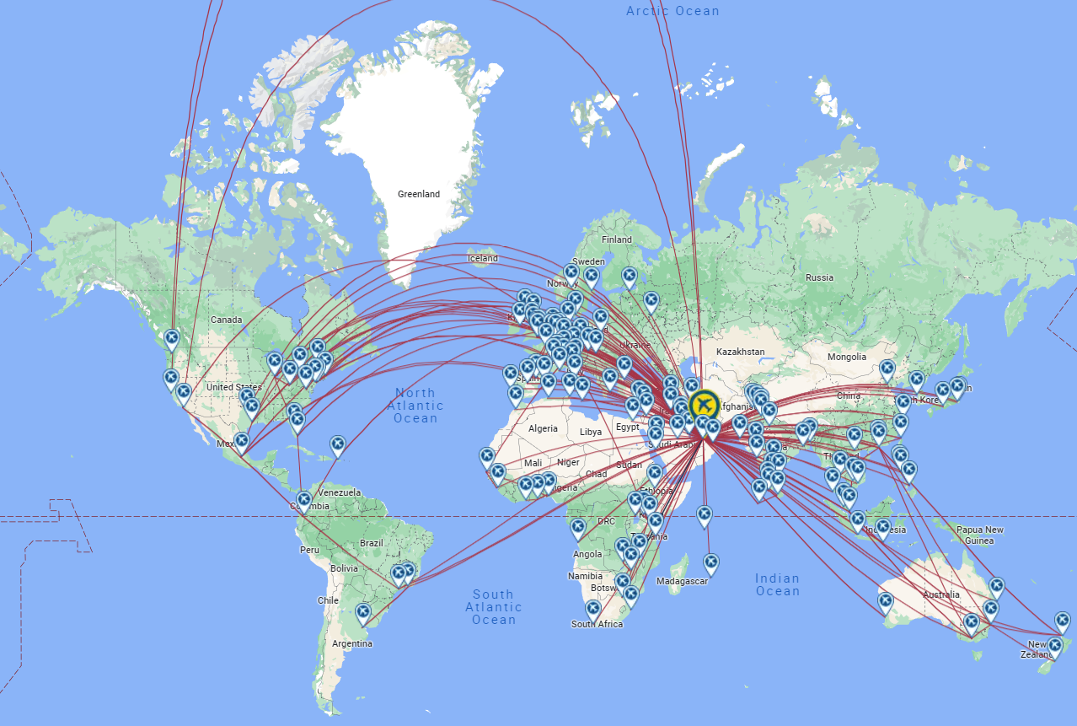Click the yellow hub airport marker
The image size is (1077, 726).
[703, 404]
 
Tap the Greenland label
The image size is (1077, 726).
[419, 194]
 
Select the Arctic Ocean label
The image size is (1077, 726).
[672, 11]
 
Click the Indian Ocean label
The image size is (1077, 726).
[777, 584]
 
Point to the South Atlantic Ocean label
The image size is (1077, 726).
[494, 607]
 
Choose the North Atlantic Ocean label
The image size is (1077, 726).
[415, 406]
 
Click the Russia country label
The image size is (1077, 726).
[819, 277]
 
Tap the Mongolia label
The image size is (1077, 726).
[846, 357]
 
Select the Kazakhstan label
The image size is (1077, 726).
[740, 352]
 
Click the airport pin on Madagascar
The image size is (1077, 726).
[711, 562]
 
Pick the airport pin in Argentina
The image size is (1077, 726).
[363, 612]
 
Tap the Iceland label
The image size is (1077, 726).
[483, 258]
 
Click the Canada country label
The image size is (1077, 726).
[226, 320]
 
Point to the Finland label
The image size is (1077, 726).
[617, 239]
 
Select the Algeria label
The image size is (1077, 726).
[543, 428]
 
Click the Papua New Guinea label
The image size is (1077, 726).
[980, 535]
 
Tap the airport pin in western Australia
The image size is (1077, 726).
[885, 601]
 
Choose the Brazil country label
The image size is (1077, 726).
[371, 543]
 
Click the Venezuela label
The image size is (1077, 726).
[340, 492]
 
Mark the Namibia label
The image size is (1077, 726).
[585, 576]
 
